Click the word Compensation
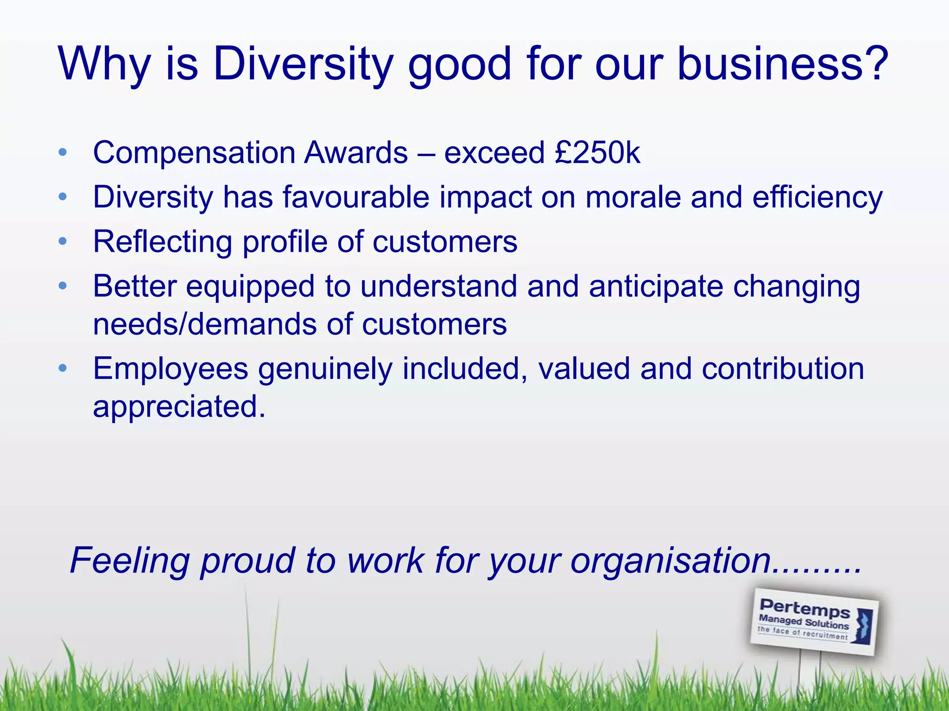point(194,153)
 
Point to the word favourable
point(356,197)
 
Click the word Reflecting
point(163,242)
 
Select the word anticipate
point(656,287)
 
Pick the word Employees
point(171,369)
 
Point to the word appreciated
point(179,406)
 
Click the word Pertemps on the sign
point(805,608)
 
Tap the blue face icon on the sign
point(863,626)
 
